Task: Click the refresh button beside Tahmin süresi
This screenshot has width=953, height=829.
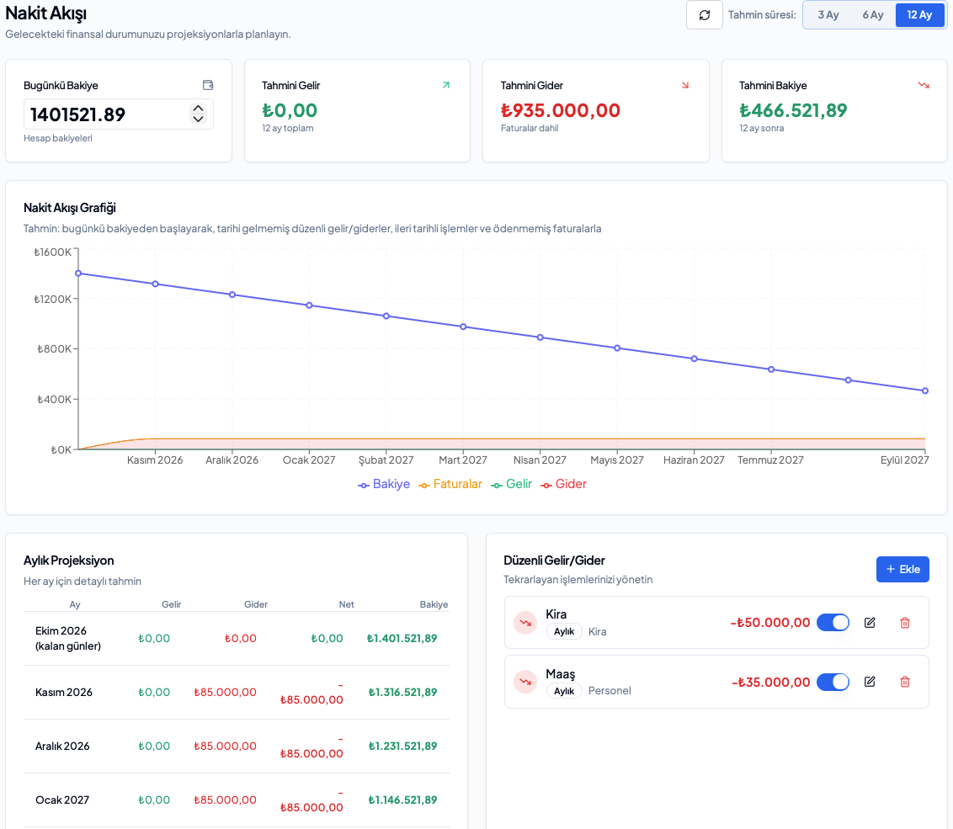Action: (705, 15)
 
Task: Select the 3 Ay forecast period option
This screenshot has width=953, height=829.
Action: (828, 15)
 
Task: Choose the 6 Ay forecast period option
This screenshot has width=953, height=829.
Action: (873, 15)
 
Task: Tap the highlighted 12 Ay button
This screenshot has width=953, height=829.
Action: (919, 15)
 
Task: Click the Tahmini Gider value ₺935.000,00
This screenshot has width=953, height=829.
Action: (561, 110)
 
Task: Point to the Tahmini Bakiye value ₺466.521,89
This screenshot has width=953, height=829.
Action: (793, 110)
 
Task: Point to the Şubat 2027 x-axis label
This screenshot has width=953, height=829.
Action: (386, 460)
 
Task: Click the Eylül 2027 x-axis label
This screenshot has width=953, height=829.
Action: (904, 460)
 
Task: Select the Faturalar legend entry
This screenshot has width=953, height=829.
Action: (450, 484)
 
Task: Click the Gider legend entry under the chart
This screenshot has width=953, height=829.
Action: (564, 484)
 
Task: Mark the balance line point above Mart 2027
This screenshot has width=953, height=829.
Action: (463, 327)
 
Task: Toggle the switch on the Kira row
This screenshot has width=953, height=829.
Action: (833, 622)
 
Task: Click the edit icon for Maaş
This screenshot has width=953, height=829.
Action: (870, 682)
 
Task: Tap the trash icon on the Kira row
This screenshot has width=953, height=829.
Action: (905, 622)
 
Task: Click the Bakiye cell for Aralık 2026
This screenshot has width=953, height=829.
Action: (403, 746)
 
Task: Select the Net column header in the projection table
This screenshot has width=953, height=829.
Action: (347, 604)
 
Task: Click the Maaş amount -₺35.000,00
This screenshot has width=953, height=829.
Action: (770, 682)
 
